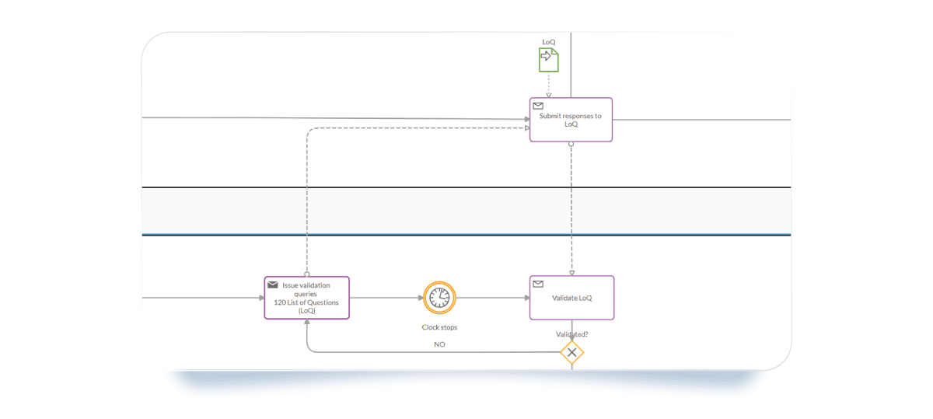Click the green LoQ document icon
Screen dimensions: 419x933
pyautogui.click(x=549, y=59)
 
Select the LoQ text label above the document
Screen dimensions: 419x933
pyautogui.click(x=549, y=42)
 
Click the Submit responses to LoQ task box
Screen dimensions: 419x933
pyautogui.click(x=571, y=124)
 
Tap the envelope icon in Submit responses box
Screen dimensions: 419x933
pyautogui.click(x=537, y=105)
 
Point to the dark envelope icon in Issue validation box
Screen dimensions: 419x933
pyautogui.click(x=272, y=285)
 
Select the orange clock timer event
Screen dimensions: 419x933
pyautogui.click(x=439, y=298)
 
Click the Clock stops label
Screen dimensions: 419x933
pyautogui.click(x=439, y=327)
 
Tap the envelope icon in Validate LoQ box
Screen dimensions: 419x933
pyautogui.click(x=537, y=284)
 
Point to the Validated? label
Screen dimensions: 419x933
pyautogui.click(x=571, y=334)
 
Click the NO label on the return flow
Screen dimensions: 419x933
pyautogui.click(x=439, y=344)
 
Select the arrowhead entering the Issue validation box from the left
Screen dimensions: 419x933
pyautogui.click(x=260, y=298)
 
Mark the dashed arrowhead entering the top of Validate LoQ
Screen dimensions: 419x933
pyautogui.click(x=571, y=272)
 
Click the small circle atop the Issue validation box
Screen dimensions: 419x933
pyautogui.click(x=307, y=274)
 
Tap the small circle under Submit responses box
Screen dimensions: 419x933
pyautogui.click(x=571, y=144)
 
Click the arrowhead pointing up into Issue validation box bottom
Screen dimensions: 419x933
pyautogui.click(x=307, y=323)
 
